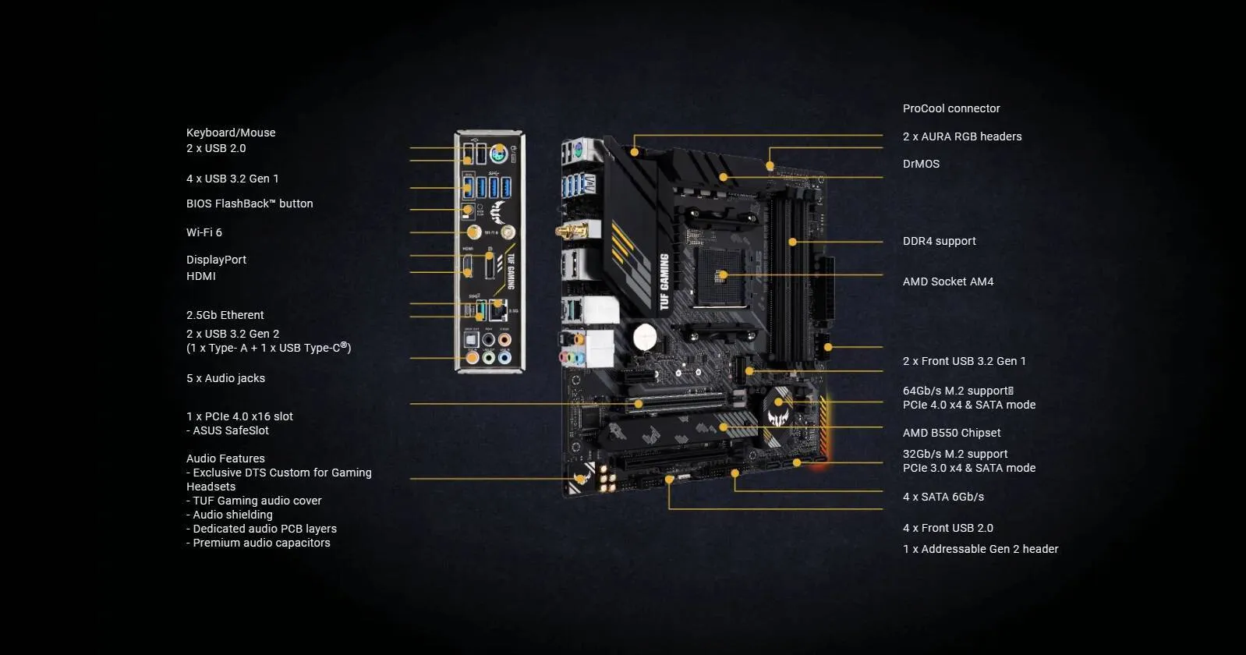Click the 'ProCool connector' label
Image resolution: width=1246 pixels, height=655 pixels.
coord(950,108)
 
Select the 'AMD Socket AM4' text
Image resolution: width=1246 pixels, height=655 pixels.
coord(947,281)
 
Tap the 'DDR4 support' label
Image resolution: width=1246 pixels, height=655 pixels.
coord(939,241)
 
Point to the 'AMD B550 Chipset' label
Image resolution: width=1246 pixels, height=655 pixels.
coord(951,433)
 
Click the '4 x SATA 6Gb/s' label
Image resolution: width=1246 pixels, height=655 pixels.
coord(943,497)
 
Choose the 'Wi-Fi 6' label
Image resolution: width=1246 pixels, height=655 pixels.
coord(204,232)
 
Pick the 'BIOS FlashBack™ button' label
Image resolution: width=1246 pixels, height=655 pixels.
coord(249,204)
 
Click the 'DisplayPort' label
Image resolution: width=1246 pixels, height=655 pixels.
coord(216,260)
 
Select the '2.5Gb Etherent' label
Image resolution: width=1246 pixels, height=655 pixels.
coord(225,315)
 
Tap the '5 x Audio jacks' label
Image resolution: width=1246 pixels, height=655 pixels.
coord(225,378)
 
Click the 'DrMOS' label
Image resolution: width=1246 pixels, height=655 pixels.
coord(921,164)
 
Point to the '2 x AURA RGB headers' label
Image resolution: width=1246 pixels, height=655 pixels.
coord(961,136)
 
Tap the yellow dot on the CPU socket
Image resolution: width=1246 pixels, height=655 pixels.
coord(723,274)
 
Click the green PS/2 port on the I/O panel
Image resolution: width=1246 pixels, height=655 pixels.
coord(499,154)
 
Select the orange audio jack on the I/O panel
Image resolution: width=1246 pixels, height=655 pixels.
coord(472,357)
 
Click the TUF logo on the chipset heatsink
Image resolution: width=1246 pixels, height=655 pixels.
coord(779,410)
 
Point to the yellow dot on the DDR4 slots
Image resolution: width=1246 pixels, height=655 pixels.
coord(793,242)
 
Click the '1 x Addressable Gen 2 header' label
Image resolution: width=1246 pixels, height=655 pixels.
coord(980,549)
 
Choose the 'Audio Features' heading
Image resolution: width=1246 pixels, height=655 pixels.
coord(225,458)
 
